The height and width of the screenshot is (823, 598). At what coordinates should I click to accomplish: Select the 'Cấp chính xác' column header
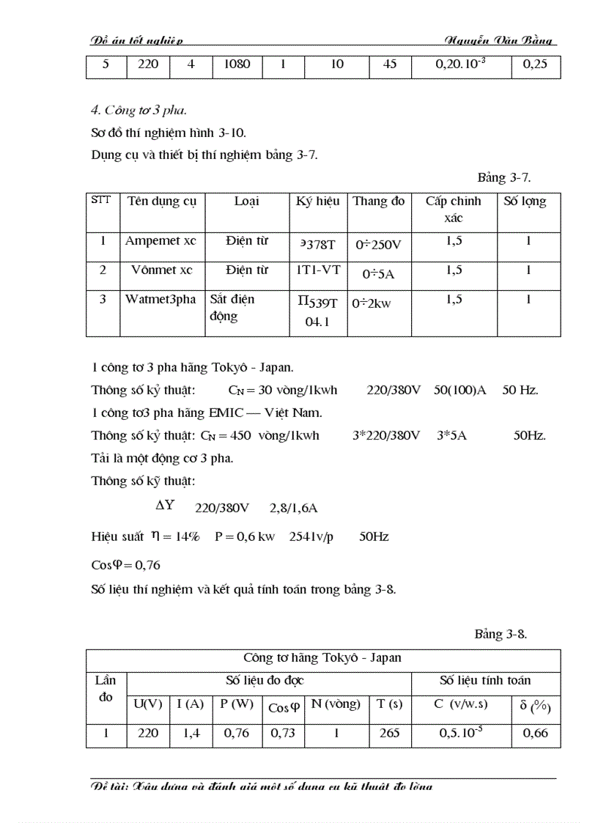(453, 209)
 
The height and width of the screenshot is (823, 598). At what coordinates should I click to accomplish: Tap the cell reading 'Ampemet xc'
(160, 241)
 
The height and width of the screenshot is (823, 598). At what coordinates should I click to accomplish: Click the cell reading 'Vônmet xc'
(162, 270)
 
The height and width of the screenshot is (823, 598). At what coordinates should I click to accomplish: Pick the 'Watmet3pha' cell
(160, 300)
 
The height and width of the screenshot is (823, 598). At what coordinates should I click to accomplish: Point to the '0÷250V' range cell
(379, 244)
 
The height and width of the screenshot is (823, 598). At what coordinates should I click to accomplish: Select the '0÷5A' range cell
(379, 273)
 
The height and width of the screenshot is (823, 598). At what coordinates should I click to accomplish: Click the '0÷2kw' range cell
(372, 303)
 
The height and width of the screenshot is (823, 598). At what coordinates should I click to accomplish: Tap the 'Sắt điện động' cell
(232, 307)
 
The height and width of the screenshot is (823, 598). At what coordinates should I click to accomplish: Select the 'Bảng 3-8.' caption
(501, 635)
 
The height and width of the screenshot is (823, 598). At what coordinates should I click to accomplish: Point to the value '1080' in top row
(237, 64)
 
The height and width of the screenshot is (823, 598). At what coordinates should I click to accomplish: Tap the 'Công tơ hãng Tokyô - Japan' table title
(322, 658)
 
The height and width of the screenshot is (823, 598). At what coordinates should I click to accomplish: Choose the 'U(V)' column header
(147, 704)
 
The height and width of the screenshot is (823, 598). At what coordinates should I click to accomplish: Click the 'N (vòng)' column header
(336, 704)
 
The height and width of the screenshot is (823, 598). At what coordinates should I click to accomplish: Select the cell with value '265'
(390, 733)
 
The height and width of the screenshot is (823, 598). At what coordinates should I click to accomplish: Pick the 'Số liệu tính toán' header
(485, 681)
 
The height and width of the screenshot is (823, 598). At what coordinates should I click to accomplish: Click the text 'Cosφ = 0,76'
(125, 565)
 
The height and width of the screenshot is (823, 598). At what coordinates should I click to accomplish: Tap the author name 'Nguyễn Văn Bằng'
(498, 40)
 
